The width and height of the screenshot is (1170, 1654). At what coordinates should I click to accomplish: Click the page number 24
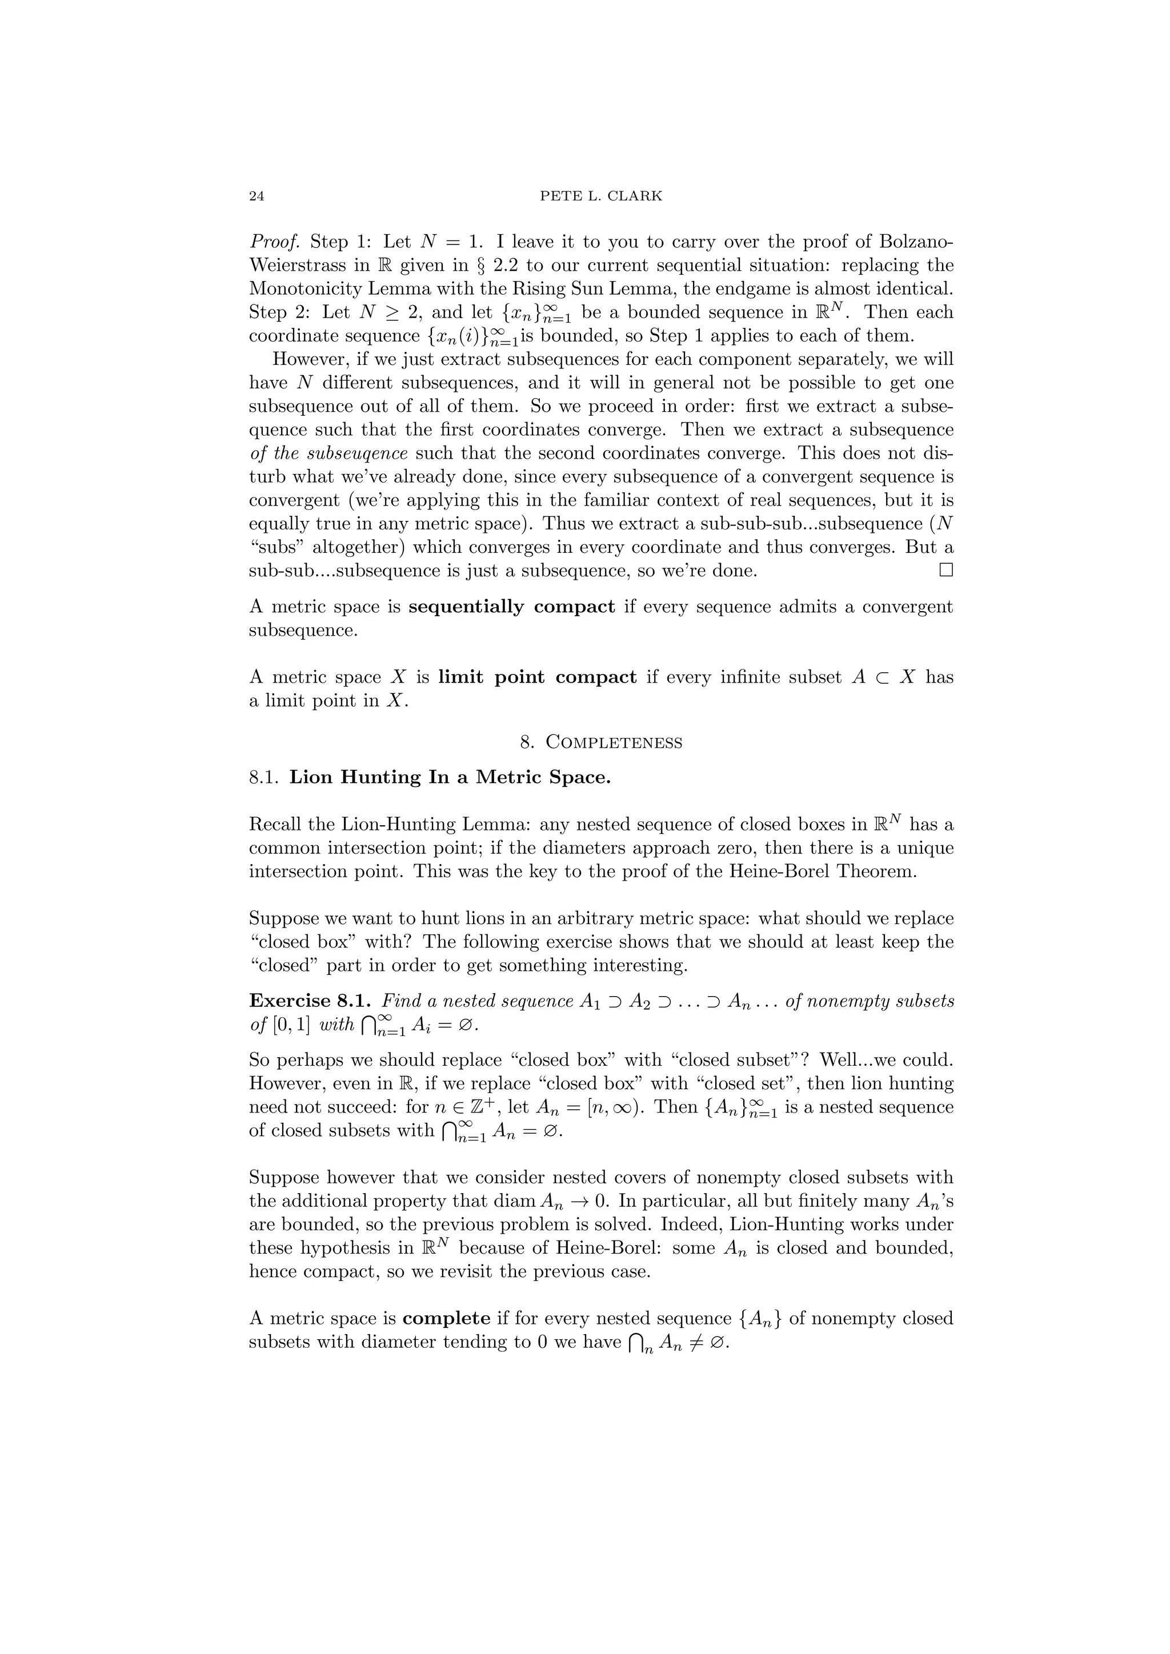point(256,196)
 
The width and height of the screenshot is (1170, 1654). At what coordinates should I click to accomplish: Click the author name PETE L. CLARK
point(601,196)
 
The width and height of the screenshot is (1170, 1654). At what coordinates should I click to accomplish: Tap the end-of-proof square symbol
point(945,571)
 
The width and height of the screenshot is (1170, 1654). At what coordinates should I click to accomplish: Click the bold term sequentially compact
point(511,607)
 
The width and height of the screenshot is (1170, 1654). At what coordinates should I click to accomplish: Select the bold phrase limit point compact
point(537,677)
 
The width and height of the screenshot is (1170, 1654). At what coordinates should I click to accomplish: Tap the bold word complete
point(446,1318)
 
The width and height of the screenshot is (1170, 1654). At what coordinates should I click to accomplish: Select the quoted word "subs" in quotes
point(276,547)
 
